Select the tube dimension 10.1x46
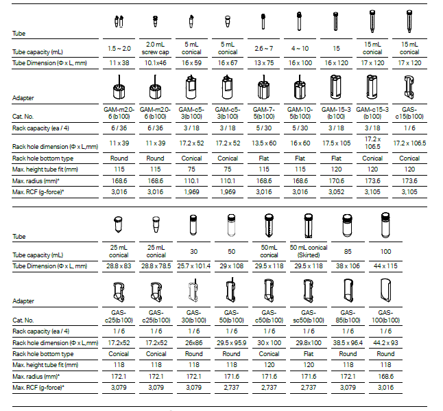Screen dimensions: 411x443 click(156, 62)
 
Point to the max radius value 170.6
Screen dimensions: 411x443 click(337, 180)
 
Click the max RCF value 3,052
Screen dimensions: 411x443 click(337, 192)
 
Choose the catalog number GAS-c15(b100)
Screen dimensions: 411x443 click(409, 113)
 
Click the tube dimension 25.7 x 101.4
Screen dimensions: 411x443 click(193, 265)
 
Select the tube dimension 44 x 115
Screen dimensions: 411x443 click(385, 265)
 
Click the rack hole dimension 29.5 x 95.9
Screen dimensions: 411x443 click(231, 342)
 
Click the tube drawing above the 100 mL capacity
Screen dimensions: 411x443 click(385, 225)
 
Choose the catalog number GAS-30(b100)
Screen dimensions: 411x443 click(193, 316)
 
